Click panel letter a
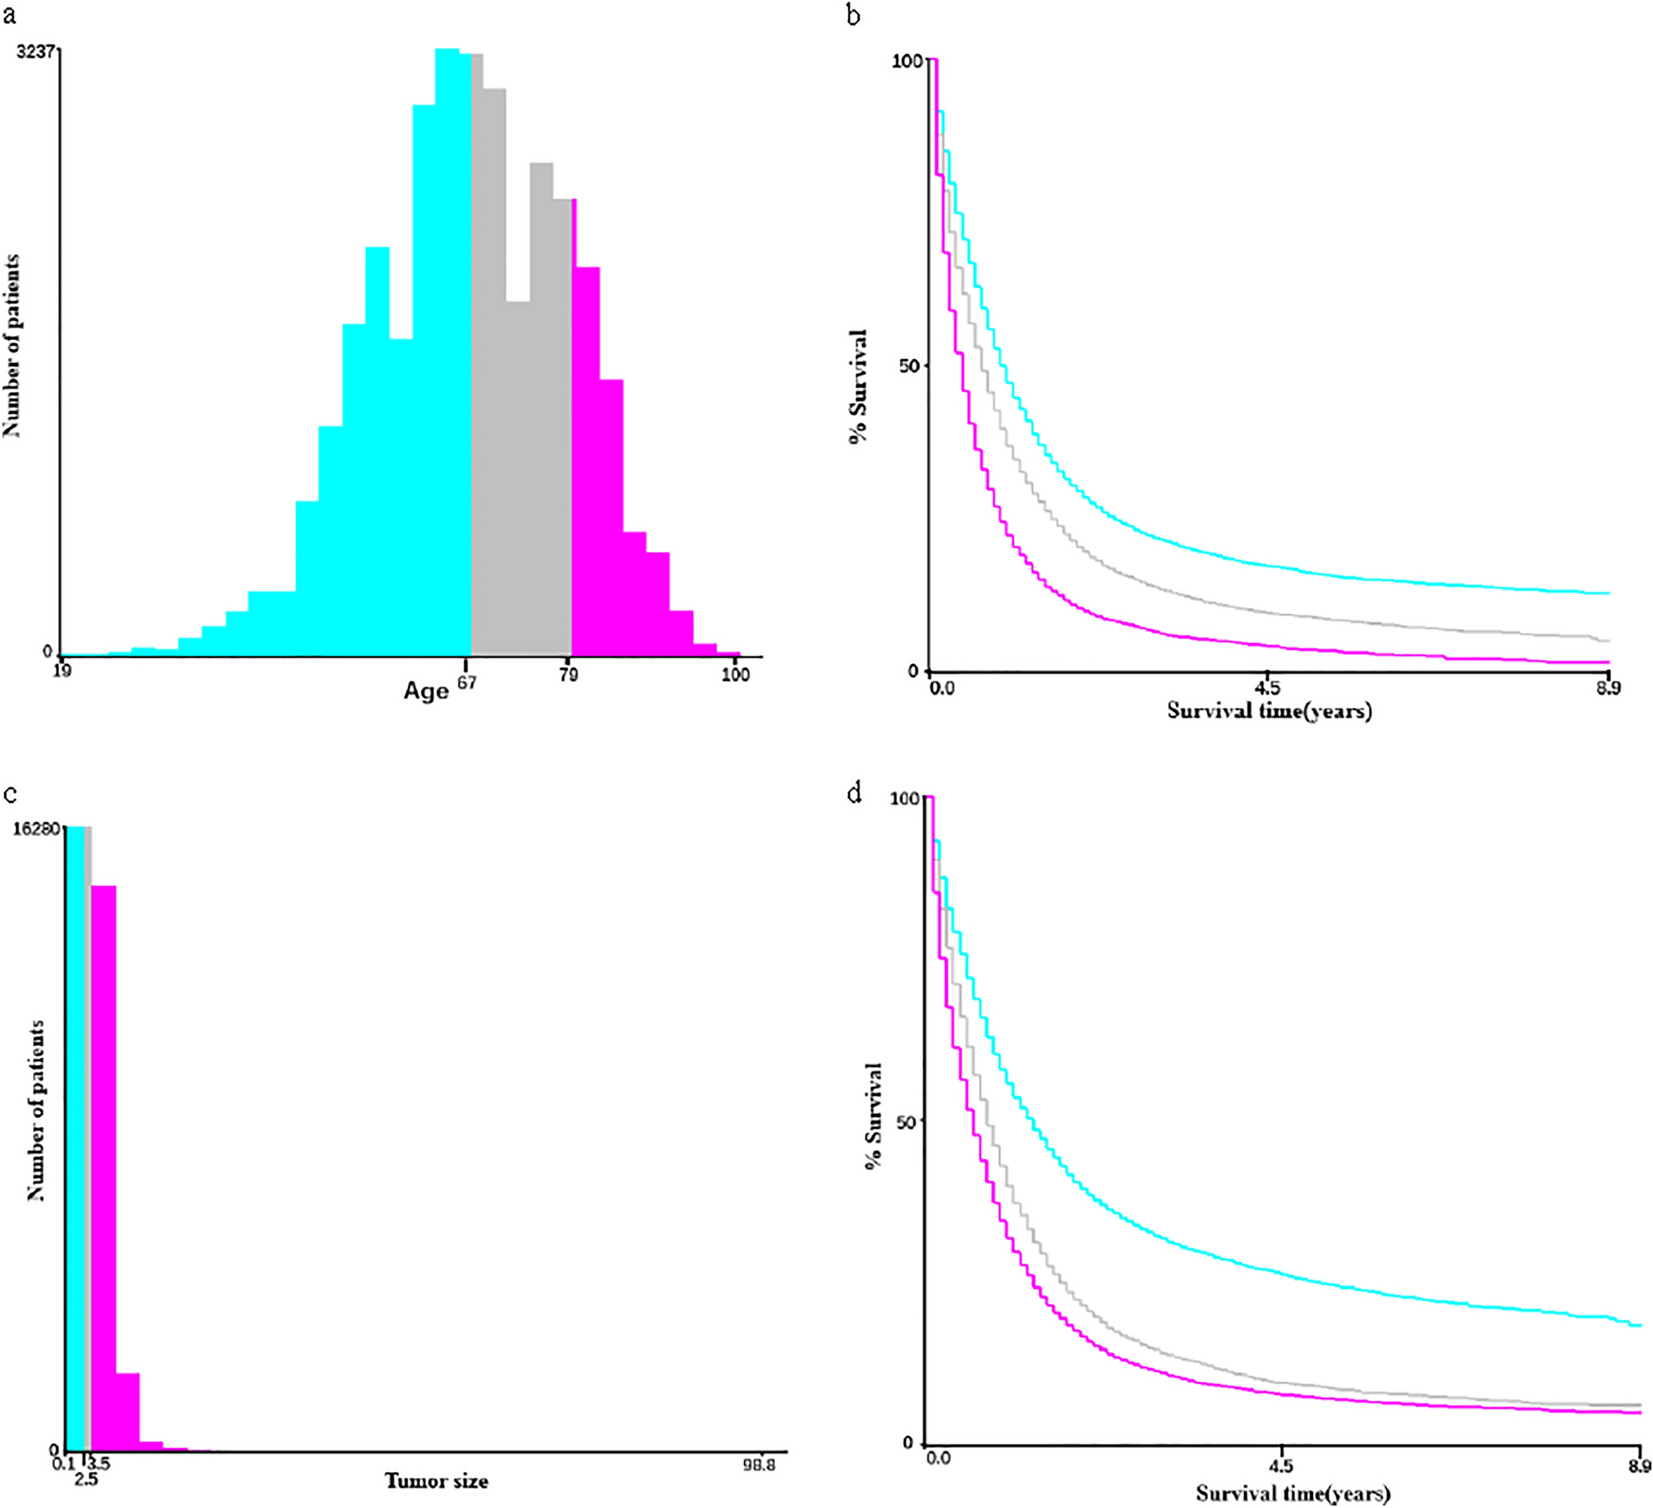click(x=9, y=14)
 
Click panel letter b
click(x=855, y=14)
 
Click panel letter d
click(x=855, y=794)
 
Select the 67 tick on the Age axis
click(x=466, y=683)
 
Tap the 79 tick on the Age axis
click(x=568, y=676)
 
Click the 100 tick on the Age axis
click(x=735, y=676)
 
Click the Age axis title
click(x=426, y=691)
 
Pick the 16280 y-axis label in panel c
click(x=36, y=828)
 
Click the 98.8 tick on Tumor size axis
click(x=759, y=1463)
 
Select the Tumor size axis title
click(x=436, y=1482)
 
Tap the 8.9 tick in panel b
click(x=1609, y=688)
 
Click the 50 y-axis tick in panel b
click(x=907, y=365)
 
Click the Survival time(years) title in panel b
click(x=1269, y=710)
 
